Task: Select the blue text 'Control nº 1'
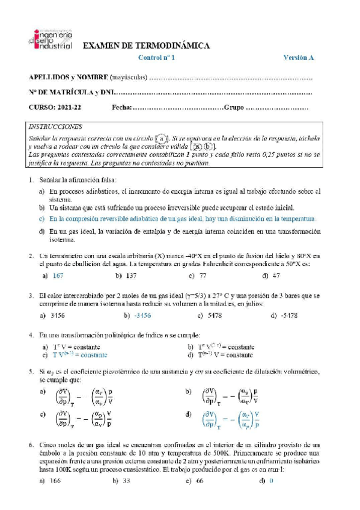point(157,58)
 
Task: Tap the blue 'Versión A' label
point(299,58)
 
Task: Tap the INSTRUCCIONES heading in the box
point(55,127)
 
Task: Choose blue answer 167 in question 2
point(58,275)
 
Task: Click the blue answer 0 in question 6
point(271,481)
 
